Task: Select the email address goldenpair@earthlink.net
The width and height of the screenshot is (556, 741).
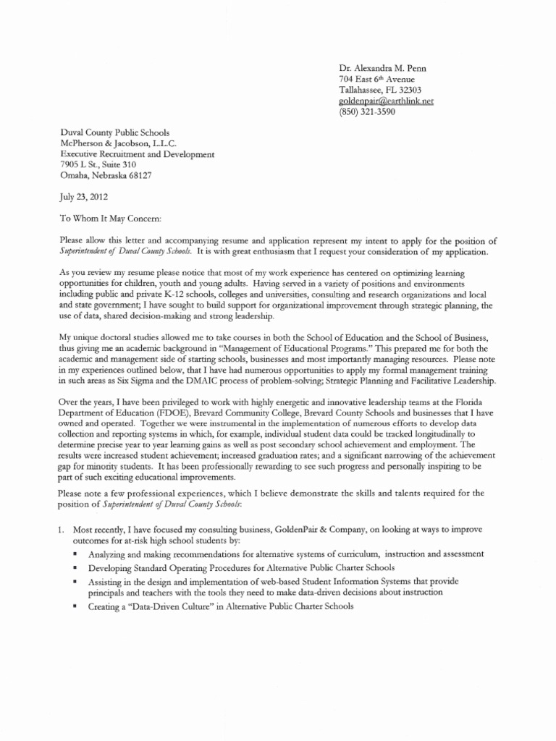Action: coord(386,101)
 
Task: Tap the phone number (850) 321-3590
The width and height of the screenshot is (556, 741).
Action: coord(367,112)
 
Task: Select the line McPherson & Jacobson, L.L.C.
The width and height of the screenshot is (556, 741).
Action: coord(113,143)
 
